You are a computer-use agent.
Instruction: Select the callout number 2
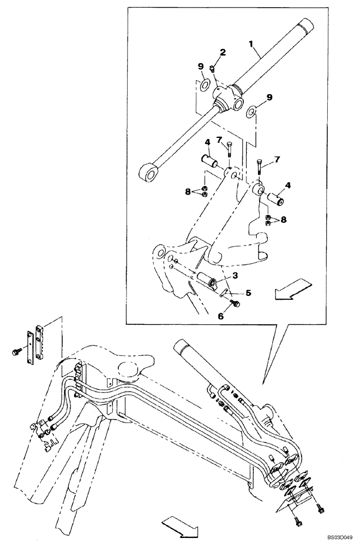tap(223, 52)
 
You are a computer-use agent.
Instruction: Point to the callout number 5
tap(248, 293)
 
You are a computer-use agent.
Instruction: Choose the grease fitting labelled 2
tap(213, 69)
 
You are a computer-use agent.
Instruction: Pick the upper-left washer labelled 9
tap(205, 84)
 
